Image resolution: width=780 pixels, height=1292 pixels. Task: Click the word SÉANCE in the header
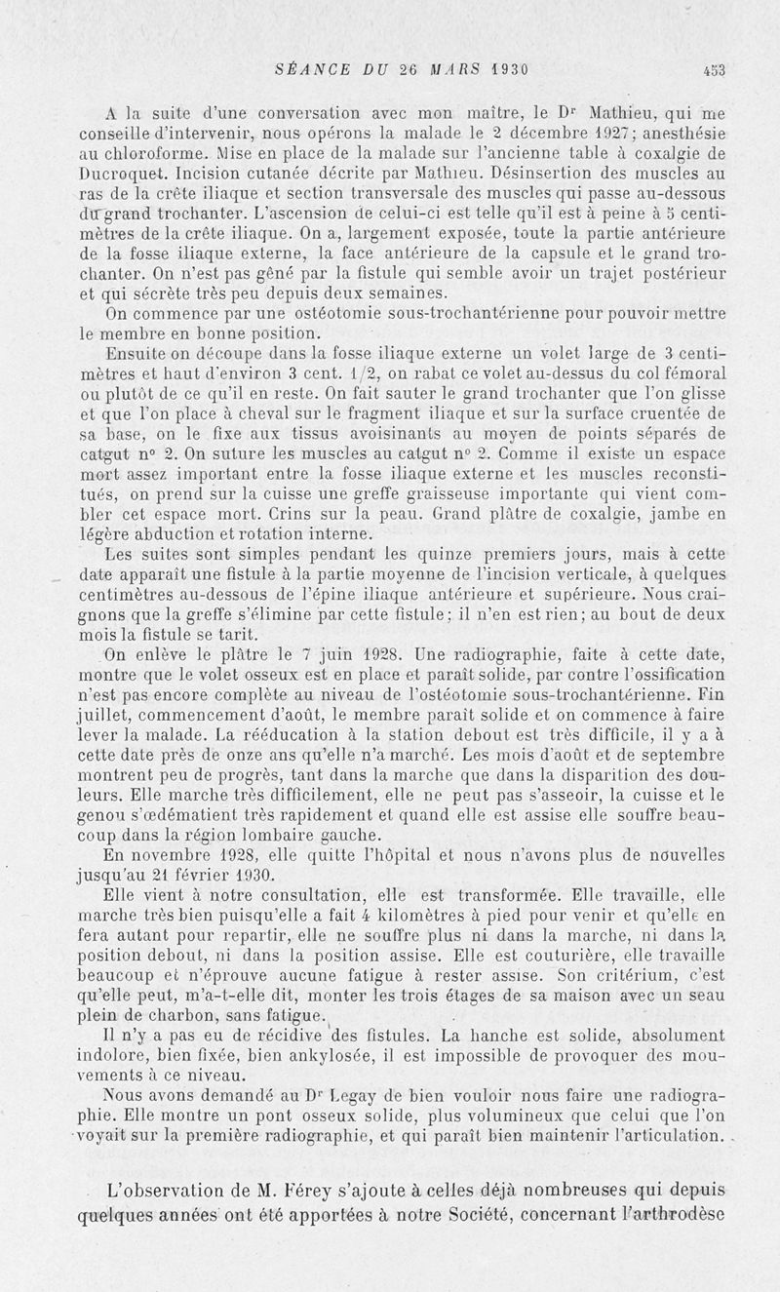point(304,69)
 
